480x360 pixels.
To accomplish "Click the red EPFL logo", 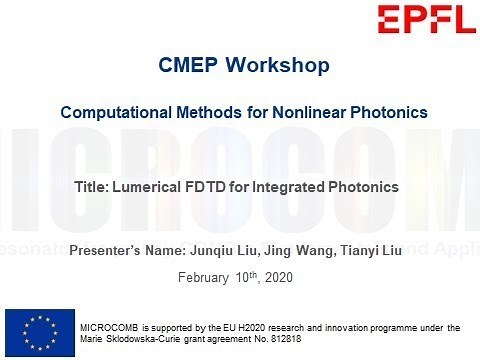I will click(421, 18).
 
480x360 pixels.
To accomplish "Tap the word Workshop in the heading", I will click(278, 67).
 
